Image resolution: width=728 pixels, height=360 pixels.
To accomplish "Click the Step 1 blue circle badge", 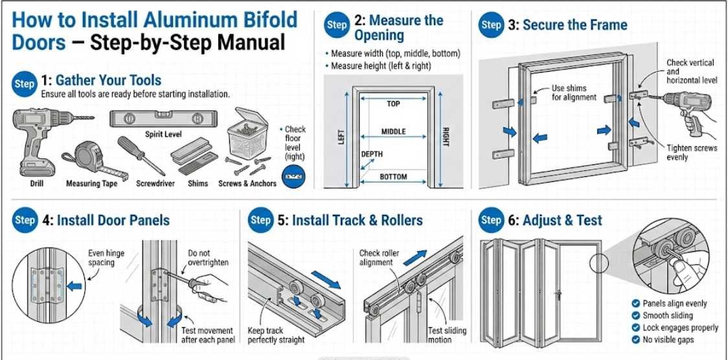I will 24,84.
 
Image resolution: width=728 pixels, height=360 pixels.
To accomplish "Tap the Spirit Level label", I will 163,135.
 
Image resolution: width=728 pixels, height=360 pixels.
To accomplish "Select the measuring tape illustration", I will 94,158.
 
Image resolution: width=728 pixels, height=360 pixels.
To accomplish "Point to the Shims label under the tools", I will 198,183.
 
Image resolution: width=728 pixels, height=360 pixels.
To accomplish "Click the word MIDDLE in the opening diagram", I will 393,131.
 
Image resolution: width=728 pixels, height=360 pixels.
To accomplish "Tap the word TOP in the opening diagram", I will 393,104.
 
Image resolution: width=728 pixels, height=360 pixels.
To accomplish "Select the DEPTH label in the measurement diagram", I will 372,154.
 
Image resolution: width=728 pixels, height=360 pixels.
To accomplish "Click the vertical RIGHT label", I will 445,137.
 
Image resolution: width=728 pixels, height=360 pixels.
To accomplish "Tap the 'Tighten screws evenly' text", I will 692,153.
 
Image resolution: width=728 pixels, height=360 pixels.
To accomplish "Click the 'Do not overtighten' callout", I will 209,258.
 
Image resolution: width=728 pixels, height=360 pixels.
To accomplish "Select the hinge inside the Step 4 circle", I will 46,284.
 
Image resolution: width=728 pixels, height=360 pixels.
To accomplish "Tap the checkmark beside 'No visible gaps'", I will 635,339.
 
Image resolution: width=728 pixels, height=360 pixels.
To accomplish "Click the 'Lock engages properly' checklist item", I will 680,328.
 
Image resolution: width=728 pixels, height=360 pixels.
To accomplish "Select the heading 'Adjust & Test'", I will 562,220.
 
